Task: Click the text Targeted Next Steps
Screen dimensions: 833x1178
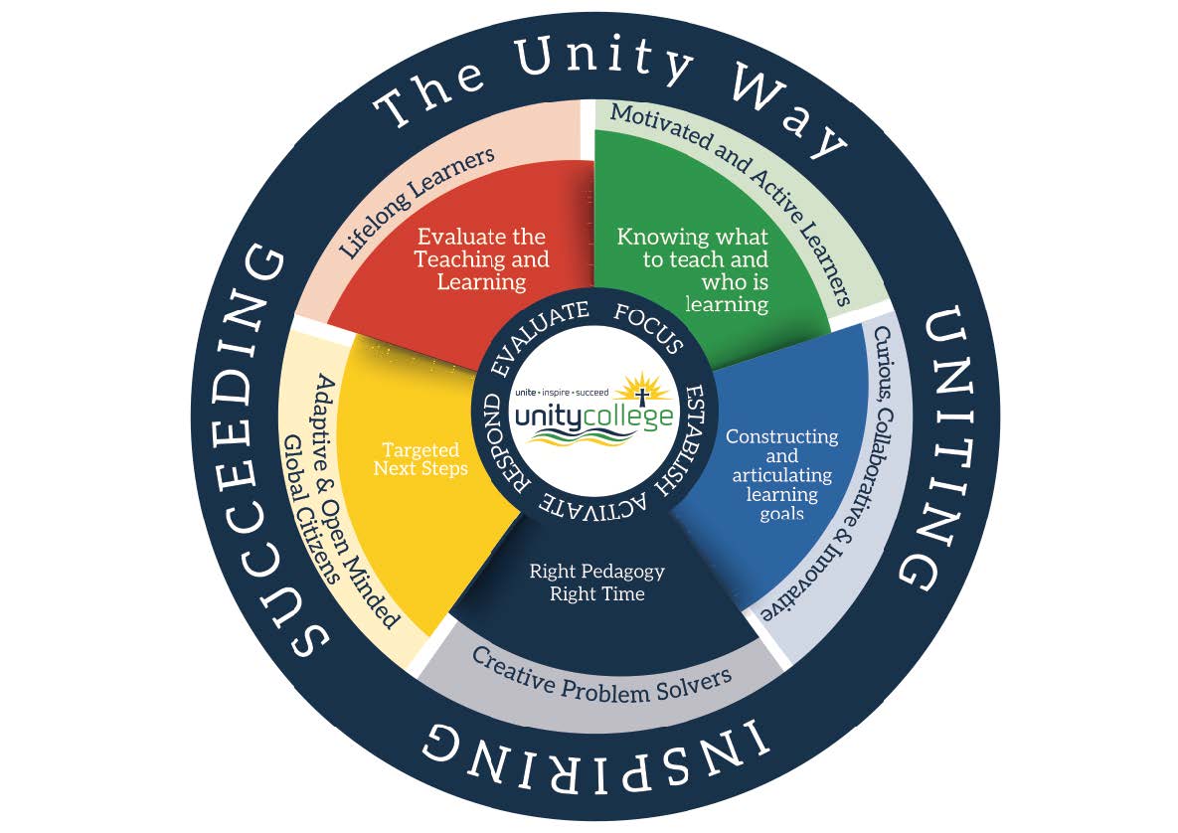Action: (421, 459)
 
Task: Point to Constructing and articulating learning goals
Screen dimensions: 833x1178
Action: (781, 474)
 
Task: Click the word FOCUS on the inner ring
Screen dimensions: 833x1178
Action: (649, 329)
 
